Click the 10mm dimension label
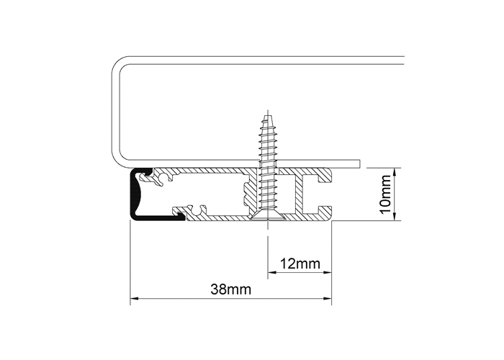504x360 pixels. tap(385, 194)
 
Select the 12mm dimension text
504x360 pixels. tap(300, 264)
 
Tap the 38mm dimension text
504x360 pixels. tap(231, 289)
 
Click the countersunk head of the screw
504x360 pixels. tap(267, 217)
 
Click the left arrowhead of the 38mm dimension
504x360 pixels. tap(134, 299)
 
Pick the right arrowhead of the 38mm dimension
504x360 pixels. tap(328, 299)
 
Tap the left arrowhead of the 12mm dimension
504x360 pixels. tap(272, 273)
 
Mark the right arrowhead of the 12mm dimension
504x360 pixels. tap(328, 273)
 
